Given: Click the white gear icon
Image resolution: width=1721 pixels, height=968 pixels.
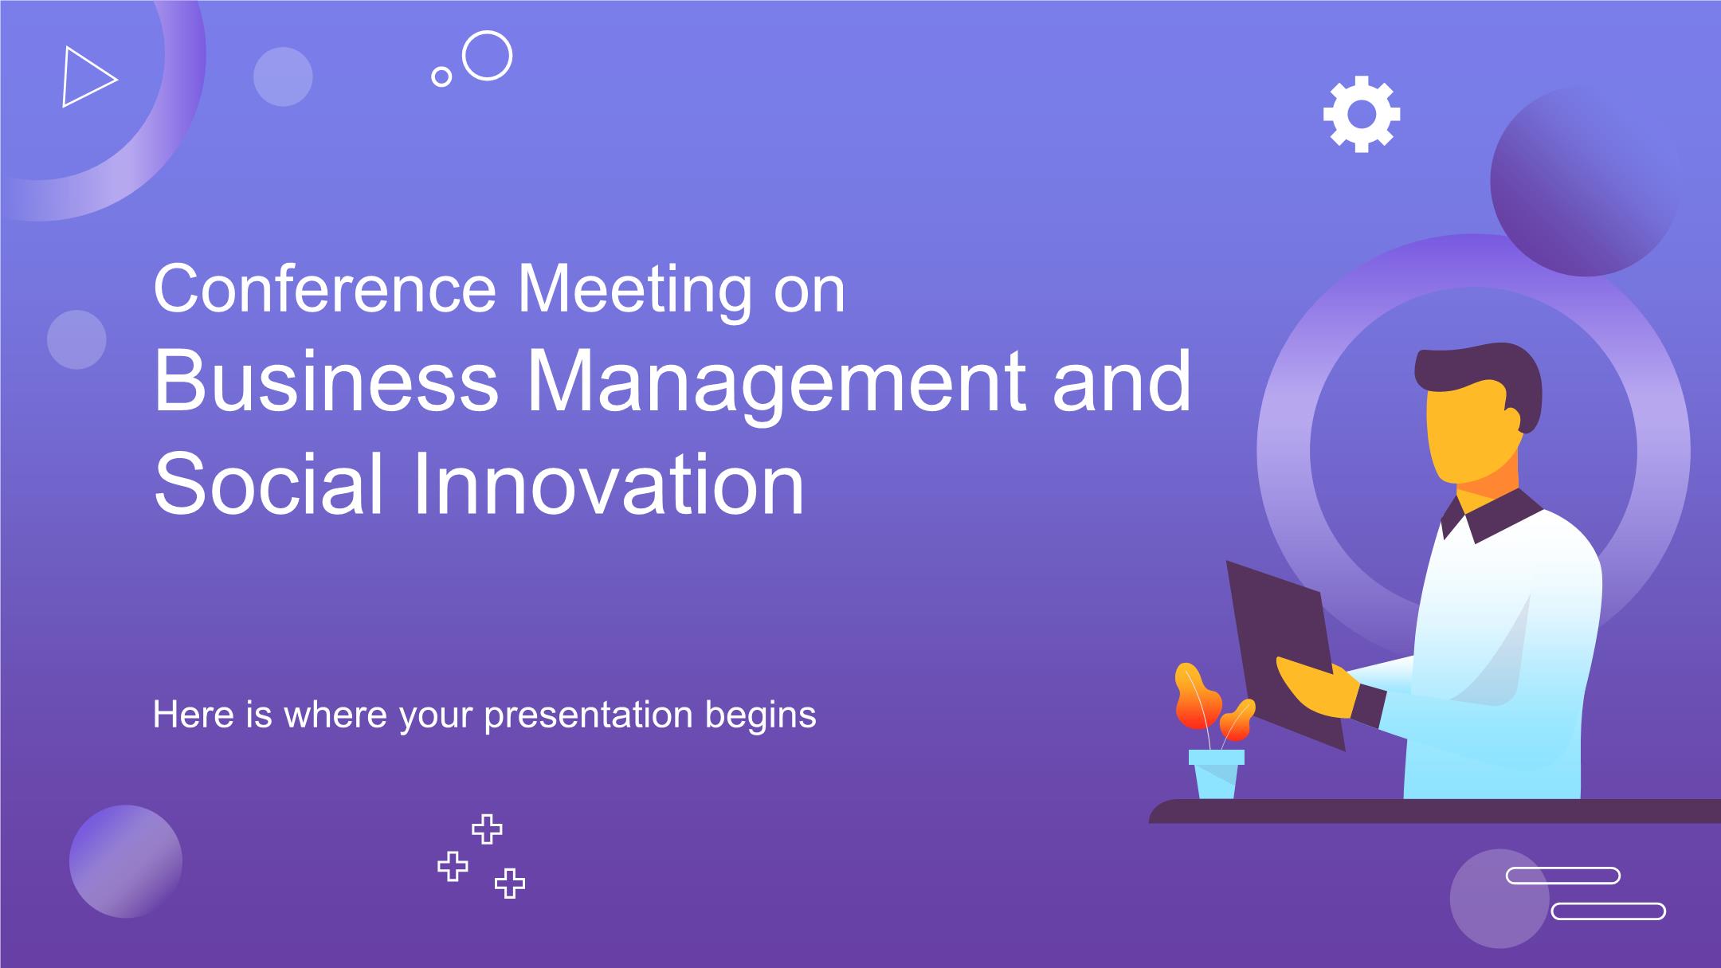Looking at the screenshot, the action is click(1361, 114).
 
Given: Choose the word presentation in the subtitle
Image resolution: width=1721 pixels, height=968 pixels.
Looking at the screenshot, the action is click(588, 715).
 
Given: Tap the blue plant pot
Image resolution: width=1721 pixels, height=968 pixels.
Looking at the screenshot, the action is click(1217, 774).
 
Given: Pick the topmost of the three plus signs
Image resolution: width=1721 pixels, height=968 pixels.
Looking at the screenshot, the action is click(487, 829).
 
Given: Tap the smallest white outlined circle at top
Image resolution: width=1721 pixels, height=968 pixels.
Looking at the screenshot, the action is click(441, 76).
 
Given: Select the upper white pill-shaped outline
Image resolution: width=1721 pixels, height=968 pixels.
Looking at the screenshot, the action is click(1562, 876).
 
